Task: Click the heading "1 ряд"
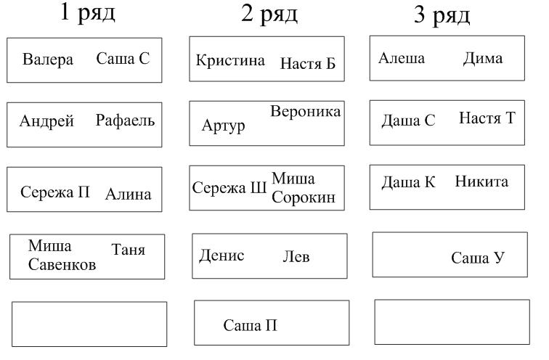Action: point(88,13)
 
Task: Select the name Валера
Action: point(48,59)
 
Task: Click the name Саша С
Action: point(123,58)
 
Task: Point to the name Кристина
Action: point(230,60)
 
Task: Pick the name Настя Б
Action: point(308,63)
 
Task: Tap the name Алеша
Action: point(402,58)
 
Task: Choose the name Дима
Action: point(483,59)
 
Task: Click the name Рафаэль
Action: point(125,120)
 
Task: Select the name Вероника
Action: point(305,112)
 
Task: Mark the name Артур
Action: point(224,126)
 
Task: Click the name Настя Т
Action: point(487,118)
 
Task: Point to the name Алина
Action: point(128,195)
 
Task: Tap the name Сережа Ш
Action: point(229,188)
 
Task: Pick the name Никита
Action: point(481,181)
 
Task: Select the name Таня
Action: point(128,250)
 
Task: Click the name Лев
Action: point(296,257)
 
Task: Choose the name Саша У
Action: point(478,258)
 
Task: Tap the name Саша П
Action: point(250,325)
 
